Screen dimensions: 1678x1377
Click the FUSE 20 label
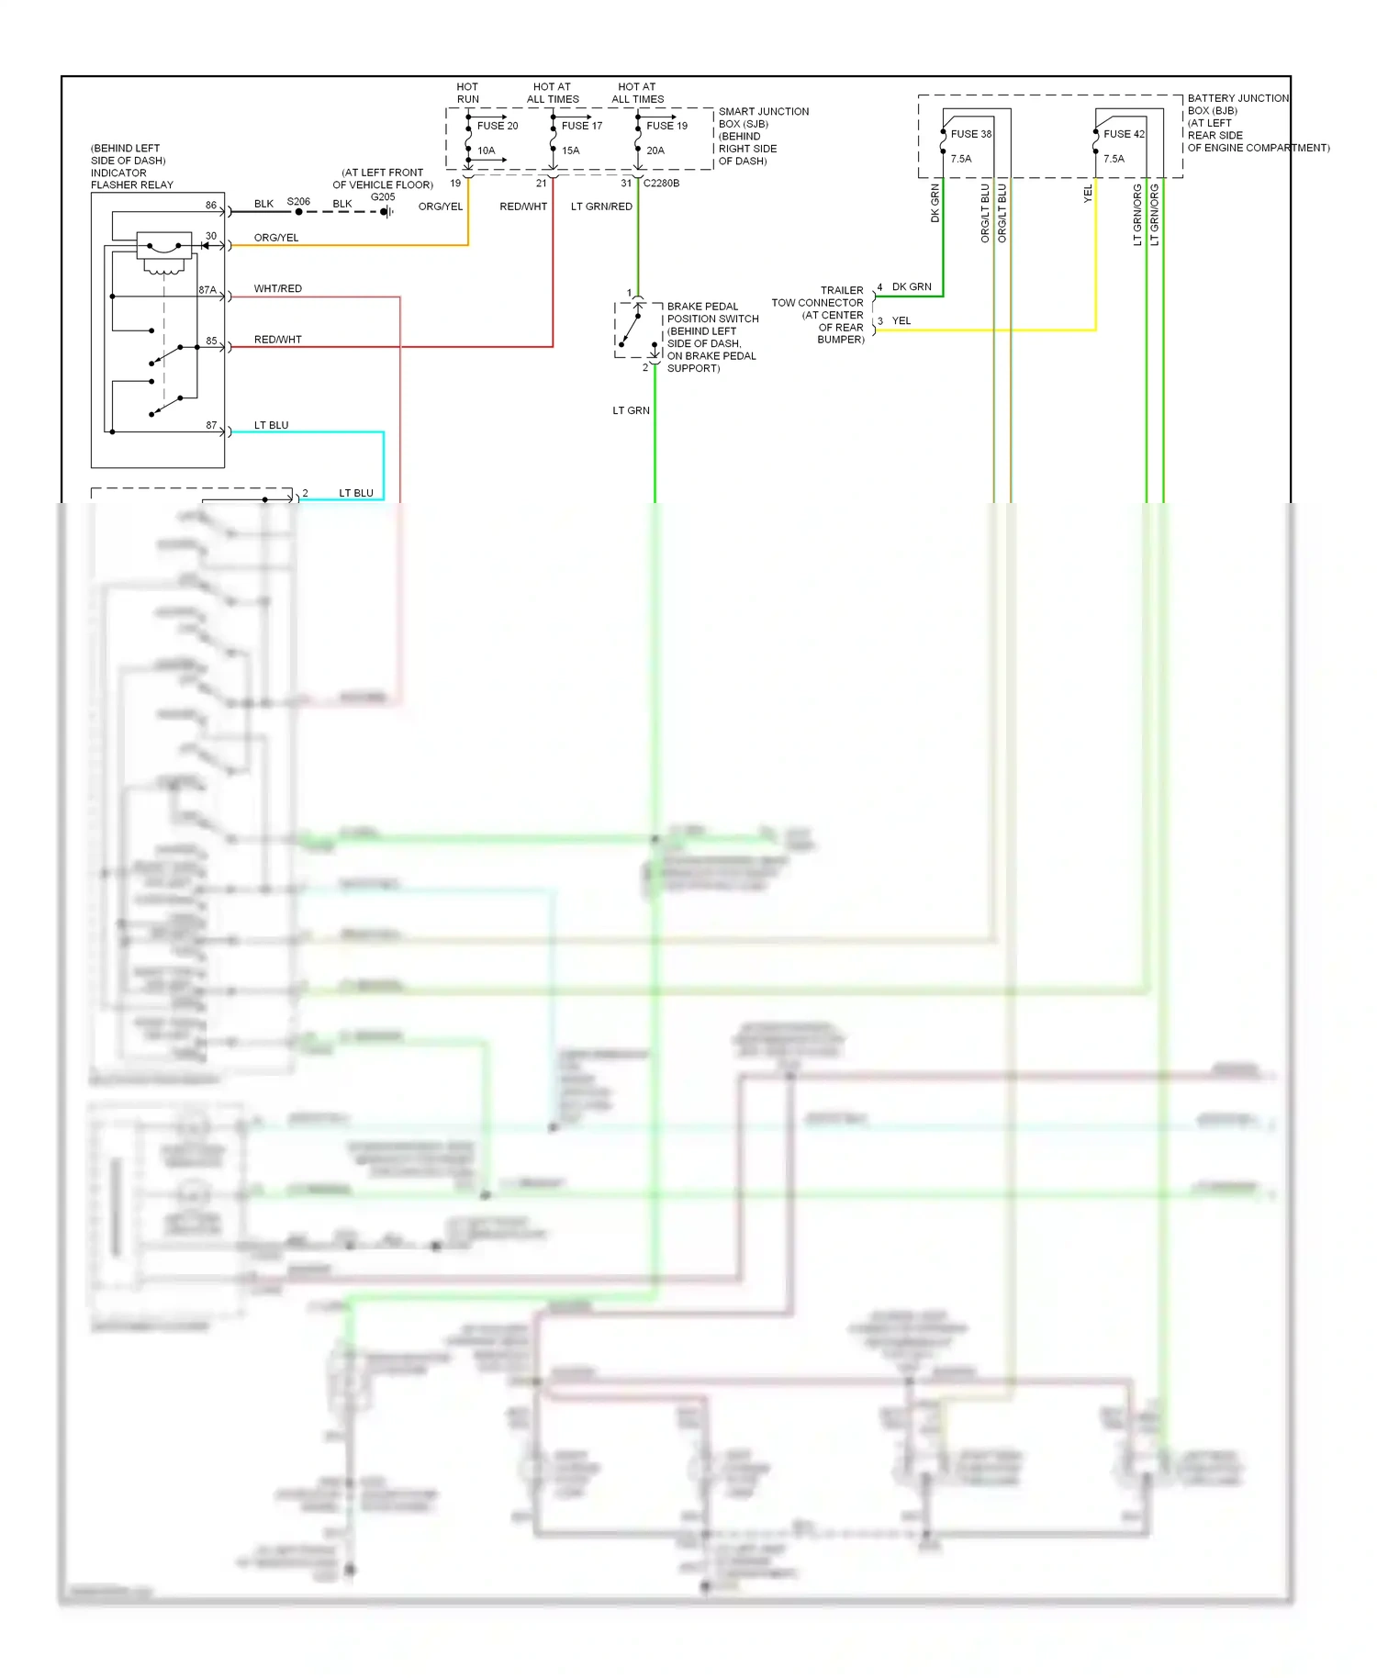(x=497, y=126)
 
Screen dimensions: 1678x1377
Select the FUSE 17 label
(x=582, y=126)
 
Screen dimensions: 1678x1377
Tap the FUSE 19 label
(x=666, y=126)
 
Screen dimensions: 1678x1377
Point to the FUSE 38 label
(x=970, y=134)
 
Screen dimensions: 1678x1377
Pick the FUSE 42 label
(x=1124, y=134)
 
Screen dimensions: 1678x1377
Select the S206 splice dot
(x=299, y=212)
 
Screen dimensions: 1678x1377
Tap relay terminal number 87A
(x=207, y=290)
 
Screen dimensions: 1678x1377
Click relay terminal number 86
(x=211, y=205)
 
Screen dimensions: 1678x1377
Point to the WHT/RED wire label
(x=277, y=288)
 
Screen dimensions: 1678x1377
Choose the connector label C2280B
(x=661, y=184)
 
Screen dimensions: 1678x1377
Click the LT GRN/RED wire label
(x=601, y=207)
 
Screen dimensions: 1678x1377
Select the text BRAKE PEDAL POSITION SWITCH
(x=712, y=313)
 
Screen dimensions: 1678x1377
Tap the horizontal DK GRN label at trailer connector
(x=912, y=286)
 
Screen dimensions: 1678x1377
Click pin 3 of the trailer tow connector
(x=880, y=321)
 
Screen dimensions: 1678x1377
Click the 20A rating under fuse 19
(x=655, y=151)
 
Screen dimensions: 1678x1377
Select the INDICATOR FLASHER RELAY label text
(x=131, y=179)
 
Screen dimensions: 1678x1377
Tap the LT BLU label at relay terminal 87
(x=271, y=425)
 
